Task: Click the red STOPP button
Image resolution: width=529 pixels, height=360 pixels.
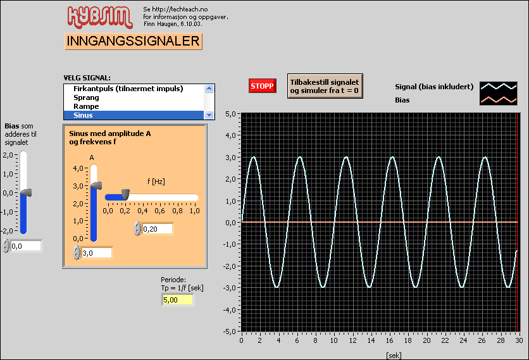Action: coord(262,86)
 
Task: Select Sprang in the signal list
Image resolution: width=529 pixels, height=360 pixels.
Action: coord(86,97)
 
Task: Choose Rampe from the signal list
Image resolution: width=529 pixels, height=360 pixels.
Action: coord(86,106)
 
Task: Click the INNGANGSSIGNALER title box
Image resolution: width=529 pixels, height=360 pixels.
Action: coord(133,42)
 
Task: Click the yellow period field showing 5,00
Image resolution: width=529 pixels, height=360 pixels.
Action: coord(177,299)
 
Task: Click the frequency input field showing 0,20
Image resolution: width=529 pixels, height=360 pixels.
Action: coord(157,228)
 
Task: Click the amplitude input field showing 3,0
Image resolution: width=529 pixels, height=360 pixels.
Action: coord(96,252)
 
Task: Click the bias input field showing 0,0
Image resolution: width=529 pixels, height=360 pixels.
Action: coord(26,246)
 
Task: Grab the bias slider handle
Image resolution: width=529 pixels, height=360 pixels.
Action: coord(26,192)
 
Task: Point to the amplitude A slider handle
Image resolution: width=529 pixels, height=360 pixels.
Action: coord(96,185)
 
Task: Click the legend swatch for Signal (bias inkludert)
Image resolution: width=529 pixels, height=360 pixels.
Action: coord(498,87)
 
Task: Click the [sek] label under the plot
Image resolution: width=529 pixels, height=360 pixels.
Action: coord(394,355)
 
